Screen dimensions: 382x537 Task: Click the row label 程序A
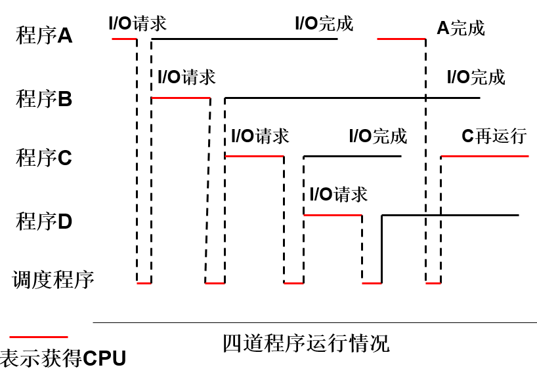43,35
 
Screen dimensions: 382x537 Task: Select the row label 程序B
43,99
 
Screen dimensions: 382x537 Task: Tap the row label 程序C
43,158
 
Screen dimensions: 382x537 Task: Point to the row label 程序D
43,221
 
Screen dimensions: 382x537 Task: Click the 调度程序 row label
53,280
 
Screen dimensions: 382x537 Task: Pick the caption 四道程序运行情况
306,343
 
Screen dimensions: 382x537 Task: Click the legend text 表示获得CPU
63,359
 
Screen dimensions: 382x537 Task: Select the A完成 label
461,28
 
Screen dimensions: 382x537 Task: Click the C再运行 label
494,136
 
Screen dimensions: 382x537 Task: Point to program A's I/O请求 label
138,24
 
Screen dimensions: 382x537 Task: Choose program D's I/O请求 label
339,194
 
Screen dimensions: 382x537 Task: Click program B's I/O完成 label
476,77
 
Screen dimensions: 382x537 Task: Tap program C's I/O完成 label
378,136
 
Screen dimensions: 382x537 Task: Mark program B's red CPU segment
181,98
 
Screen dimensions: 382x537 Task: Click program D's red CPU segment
332,215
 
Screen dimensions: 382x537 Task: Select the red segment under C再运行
484,156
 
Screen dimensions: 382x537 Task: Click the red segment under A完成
401,39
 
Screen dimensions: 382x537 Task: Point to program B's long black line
352,98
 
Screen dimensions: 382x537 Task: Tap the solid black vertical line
381,249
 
